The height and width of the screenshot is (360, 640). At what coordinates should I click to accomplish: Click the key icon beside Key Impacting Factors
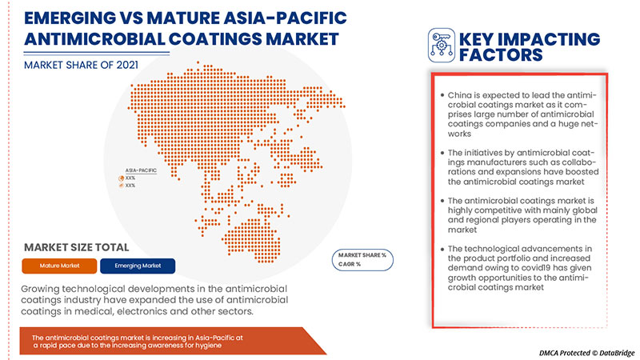(442, 46)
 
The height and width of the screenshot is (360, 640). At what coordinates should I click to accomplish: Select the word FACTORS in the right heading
(500, 55)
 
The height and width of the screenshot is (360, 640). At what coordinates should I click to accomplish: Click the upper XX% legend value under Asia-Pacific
(130, 178)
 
